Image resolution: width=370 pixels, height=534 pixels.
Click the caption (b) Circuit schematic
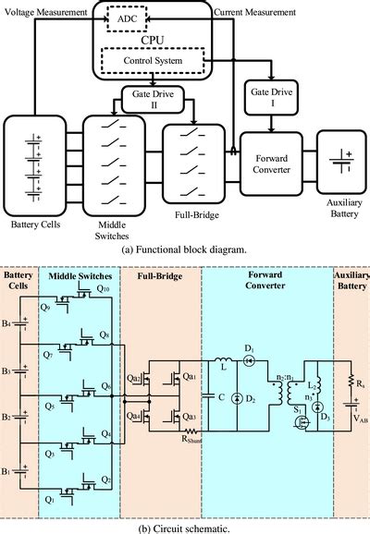(185, 527)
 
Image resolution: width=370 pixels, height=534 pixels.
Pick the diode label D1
(248, 347)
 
